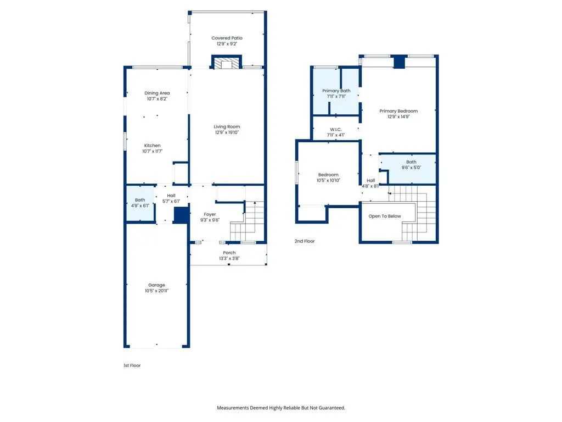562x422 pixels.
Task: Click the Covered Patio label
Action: [227, 38]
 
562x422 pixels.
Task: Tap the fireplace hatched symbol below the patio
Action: [227, 62]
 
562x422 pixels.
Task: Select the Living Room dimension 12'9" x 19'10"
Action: [227, 132]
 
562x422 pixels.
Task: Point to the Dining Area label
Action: [157, 93]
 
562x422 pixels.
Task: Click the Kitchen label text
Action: [153, 145]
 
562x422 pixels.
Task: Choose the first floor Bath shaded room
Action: [140, 203]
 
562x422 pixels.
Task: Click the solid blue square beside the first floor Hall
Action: [181, 215]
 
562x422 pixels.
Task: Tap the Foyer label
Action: [210, 214]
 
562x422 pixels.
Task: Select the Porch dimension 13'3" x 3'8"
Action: [229, 258]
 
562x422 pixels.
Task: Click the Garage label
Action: [156, 285]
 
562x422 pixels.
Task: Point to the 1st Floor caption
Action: [132, 365]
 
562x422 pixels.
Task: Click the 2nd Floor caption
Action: [305, 241]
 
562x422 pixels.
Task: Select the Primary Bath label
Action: [336, 91]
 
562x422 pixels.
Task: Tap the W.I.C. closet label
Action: [336, 129]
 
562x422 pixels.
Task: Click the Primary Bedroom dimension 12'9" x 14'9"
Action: [398, 116]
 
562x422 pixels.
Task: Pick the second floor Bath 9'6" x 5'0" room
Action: [408, 169]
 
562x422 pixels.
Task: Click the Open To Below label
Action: [385, 216]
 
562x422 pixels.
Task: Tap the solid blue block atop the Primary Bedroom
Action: [400, 62]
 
